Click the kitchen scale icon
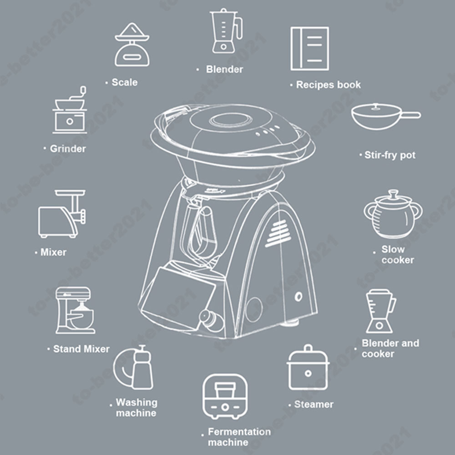pos(132,45)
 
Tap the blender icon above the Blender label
pos(226,31)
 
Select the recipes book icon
pos(309,49)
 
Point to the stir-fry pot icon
pos(385,116)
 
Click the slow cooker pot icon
pos(393,214)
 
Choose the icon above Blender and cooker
pos(380,311)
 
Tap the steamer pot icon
pos(308,368)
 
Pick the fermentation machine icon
pos(225,397)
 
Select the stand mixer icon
pos(75,310)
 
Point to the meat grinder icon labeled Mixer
pos(62,214)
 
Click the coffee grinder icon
pos(70,110)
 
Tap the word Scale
pos(125,82)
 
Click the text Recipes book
pos(329,85)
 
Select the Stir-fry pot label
pos(390,155)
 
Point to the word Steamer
pos(314,404)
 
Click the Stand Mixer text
pos(81,349)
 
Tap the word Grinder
pos(68,149)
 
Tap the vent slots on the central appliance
pos(278,233)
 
